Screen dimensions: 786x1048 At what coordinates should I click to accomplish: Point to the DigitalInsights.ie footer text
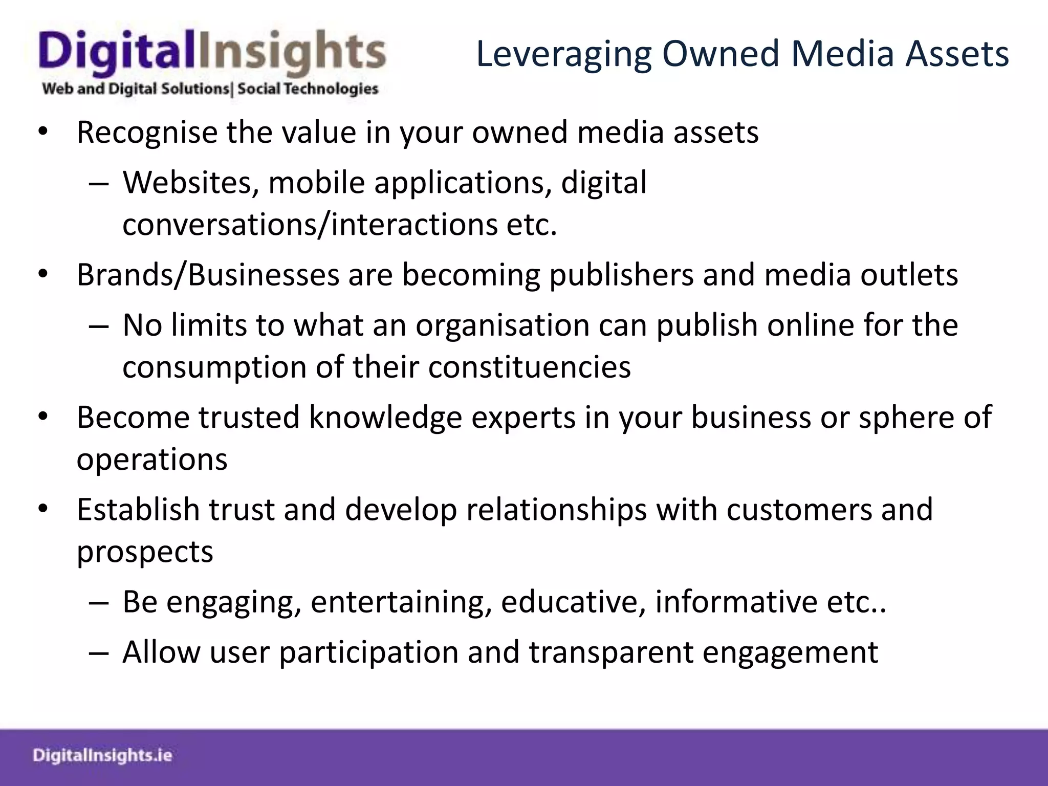[x=102, y=755]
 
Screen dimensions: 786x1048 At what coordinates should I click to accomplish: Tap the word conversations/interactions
[x=310, y=225]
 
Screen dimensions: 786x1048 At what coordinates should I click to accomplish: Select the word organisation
[x=503, y=326]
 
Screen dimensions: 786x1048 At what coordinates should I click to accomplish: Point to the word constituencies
[x=529, y=367]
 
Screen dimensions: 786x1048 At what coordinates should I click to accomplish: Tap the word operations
[x=152, y=460]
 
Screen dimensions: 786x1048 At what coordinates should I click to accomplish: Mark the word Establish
[x=138, y=510]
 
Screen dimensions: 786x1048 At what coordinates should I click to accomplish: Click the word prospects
[x=145, y=552]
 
